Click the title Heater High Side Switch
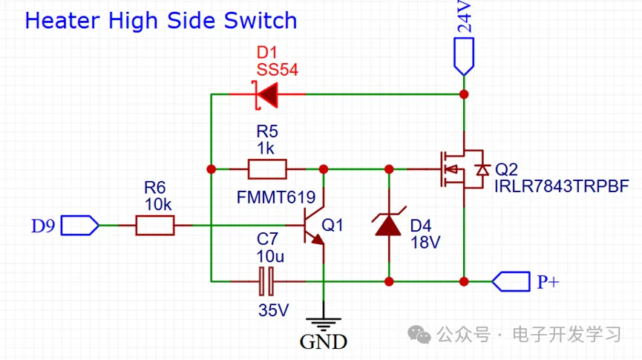[160, 20]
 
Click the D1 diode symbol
[266, 94]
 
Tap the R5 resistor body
[267, 169]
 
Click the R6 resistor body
[155, 225]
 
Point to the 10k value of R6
[155, 204]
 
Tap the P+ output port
[511, 281]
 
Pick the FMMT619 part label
[276, 197]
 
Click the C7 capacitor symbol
[266, 281]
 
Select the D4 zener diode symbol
[388, 224]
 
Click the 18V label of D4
[425, 241]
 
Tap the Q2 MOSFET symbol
[460, 169]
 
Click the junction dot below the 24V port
[464, 94]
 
